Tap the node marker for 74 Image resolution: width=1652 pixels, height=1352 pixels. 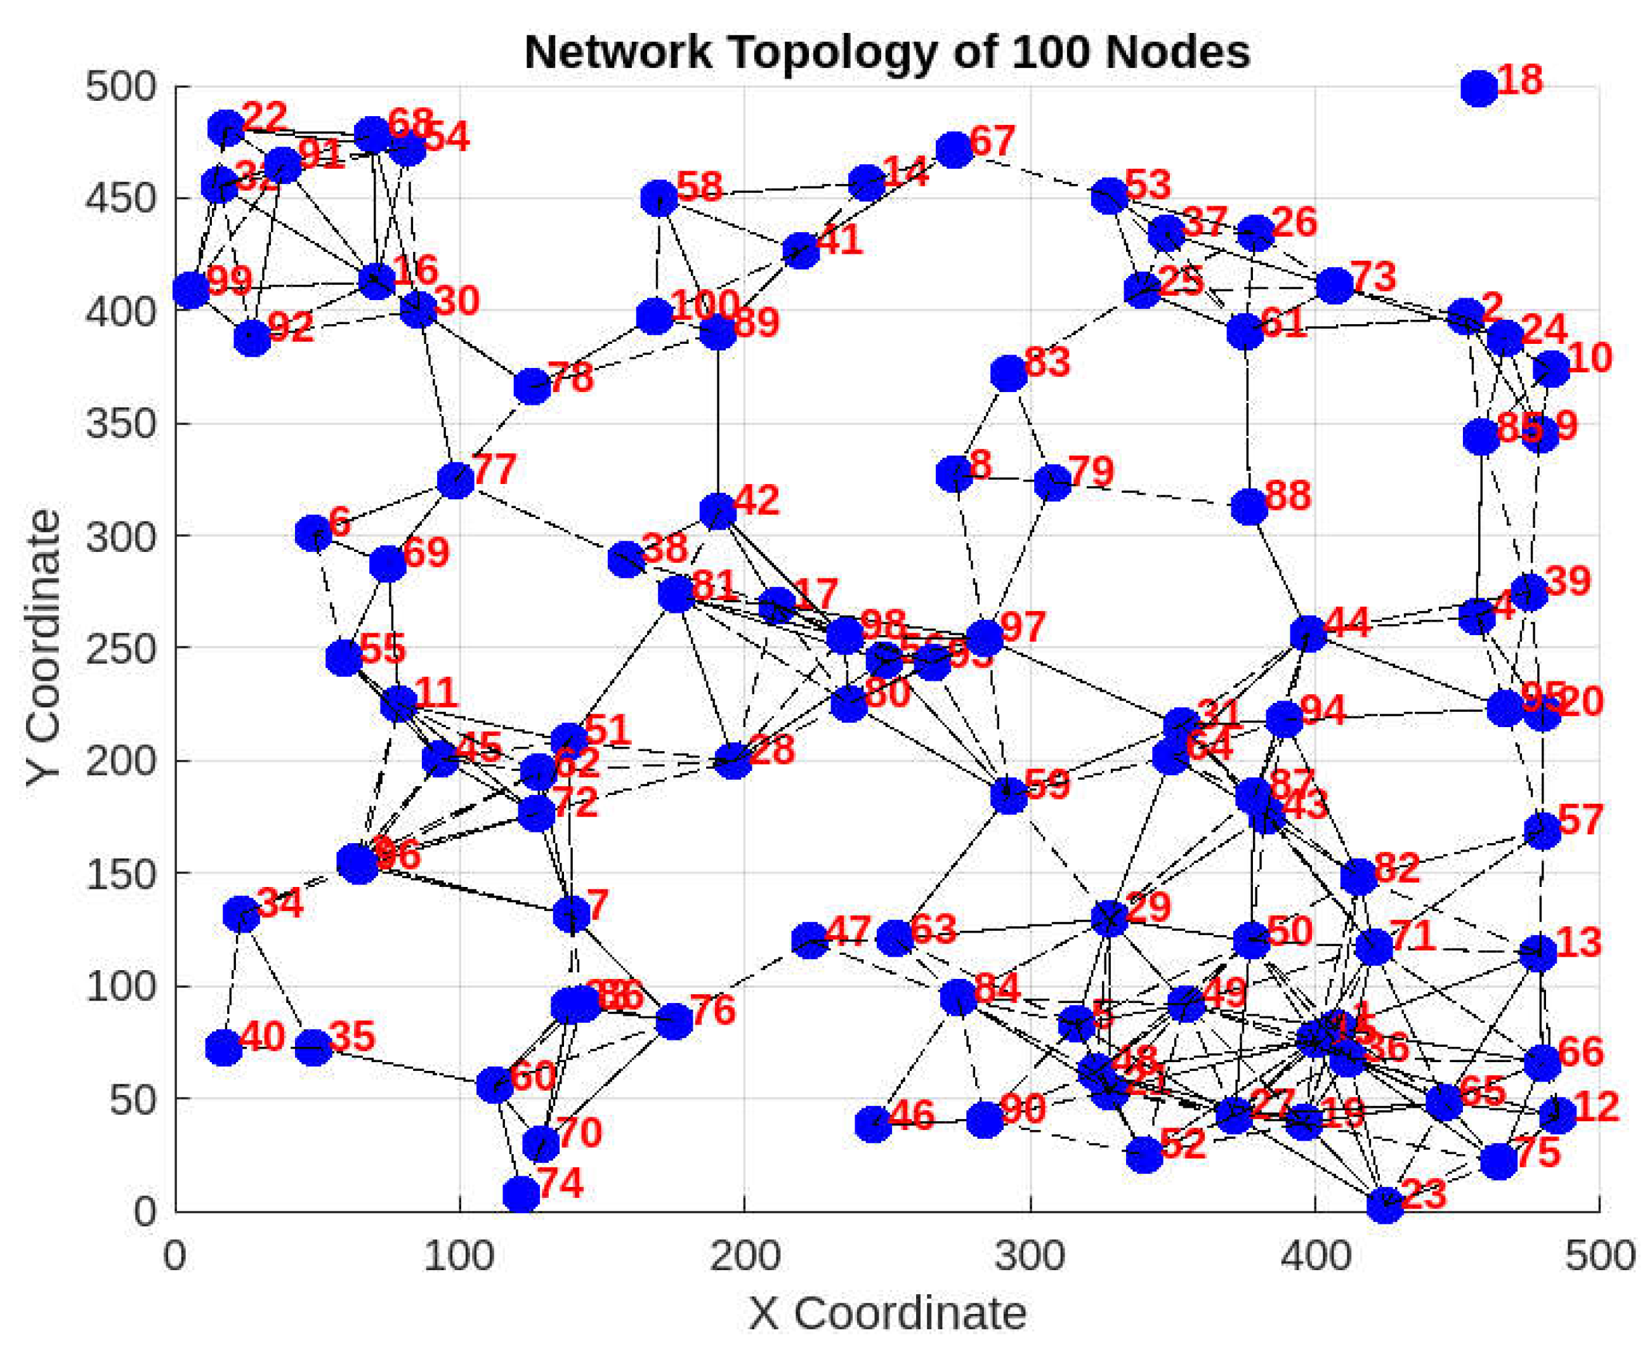pos(521,1194)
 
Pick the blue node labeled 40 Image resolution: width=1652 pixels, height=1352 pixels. pos(223,1047)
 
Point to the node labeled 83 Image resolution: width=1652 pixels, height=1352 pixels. pos(1009,374)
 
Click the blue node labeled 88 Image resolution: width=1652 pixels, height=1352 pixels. pos(1249,507)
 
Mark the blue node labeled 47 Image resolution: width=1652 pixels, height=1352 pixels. pos(810,940)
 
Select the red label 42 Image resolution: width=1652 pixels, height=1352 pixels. pos(756,500)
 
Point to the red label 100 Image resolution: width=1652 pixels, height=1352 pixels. pos(704,305)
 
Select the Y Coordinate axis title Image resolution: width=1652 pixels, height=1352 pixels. pos(43,646)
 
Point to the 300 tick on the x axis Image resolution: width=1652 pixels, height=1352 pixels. pos(1030,1256)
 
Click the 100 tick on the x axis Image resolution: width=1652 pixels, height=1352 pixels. pos(459,1256)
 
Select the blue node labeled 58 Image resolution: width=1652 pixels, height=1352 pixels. pos(659,198)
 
